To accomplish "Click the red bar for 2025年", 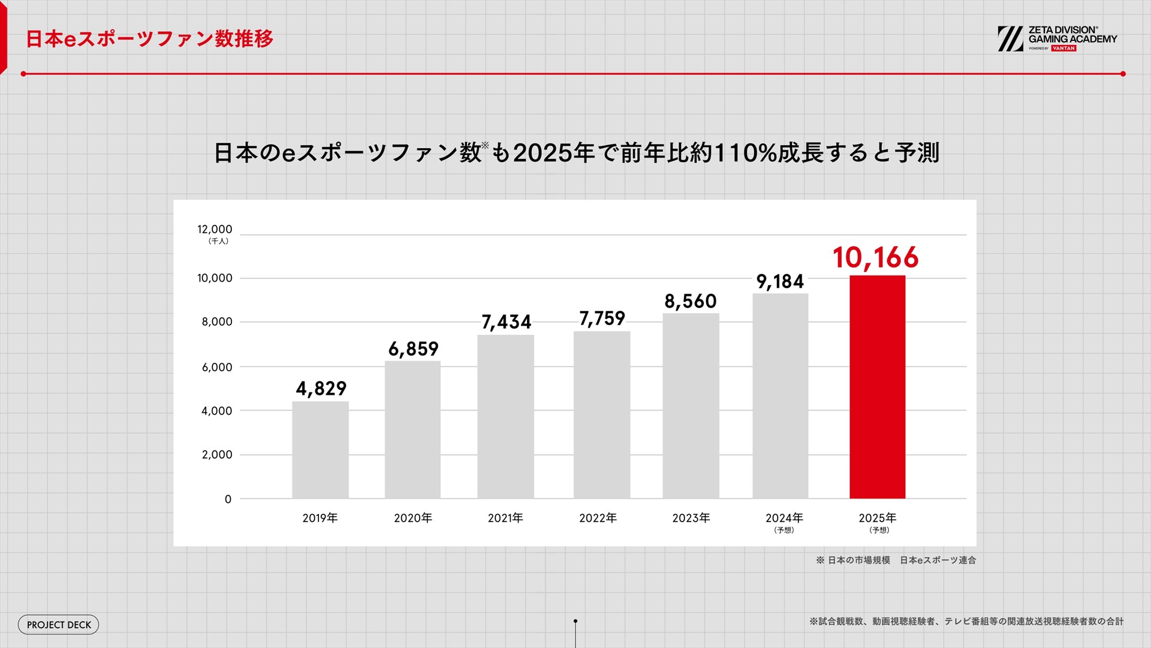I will [877, 387].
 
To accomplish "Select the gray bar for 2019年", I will [320, 450].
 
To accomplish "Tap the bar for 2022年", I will [601, 415].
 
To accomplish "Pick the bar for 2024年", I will [780, 396].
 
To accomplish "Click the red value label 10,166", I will [875, 258].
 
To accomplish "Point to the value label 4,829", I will [321, 389].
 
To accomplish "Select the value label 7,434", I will [507, 323].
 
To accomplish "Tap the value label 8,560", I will [690, 301].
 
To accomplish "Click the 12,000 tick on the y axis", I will [215, 229].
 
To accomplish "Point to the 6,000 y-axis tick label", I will [216, 367].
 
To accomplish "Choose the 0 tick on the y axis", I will [228, 499].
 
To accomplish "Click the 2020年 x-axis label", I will [413, 518].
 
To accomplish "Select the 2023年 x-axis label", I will [691, 518].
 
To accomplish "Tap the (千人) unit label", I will [218, 241].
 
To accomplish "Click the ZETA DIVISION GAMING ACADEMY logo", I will [1057, 39].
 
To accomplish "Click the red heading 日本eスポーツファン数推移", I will [150, 39].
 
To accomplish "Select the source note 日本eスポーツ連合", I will [938, 560].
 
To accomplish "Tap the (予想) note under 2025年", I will [879, 530].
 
